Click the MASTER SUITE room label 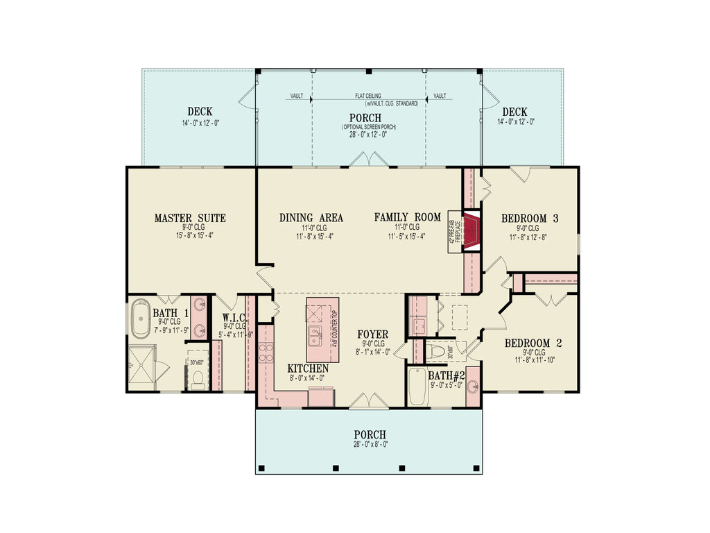point(190,218)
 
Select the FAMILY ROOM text point(407,217)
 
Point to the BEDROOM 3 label point(530,218)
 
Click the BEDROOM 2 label point(532,343)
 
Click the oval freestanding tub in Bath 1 point(141,319)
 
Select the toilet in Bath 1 point(197,378)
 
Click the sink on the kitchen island point(316,338)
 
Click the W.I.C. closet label point(234,319)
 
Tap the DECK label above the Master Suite point(200,112)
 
